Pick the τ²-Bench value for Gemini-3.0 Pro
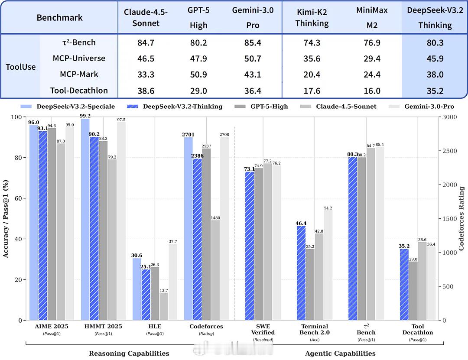253,42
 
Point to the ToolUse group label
21,67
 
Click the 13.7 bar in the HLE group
164,306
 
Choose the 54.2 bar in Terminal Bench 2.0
328,265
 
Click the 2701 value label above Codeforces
188,134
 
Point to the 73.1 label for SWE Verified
249,169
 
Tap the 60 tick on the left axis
19,198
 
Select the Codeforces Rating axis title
461,219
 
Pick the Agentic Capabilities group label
340,354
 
